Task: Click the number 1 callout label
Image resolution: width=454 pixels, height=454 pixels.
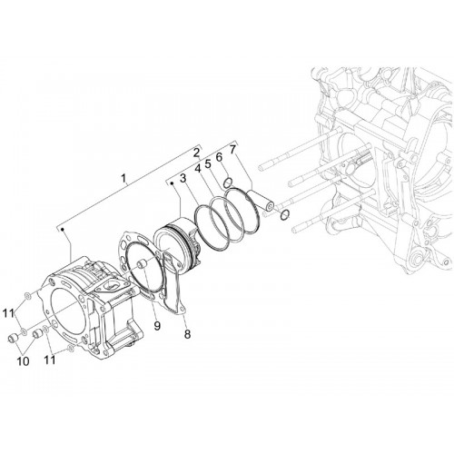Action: (123, 178)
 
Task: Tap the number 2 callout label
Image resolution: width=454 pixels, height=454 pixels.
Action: (196, 153)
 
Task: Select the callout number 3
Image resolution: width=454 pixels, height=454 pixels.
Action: (183, 178)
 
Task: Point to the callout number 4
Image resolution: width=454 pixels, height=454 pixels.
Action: (198, 168)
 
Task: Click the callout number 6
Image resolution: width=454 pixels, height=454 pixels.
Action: (219, 157)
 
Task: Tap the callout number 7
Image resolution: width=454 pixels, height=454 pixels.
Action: (232, 150)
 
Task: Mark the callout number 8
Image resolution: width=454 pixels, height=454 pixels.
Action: (187, 334)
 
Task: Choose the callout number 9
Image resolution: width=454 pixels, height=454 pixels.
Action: (157, 326)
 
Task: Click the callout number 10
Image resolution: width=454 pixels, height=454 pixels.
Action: (23, 360)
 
